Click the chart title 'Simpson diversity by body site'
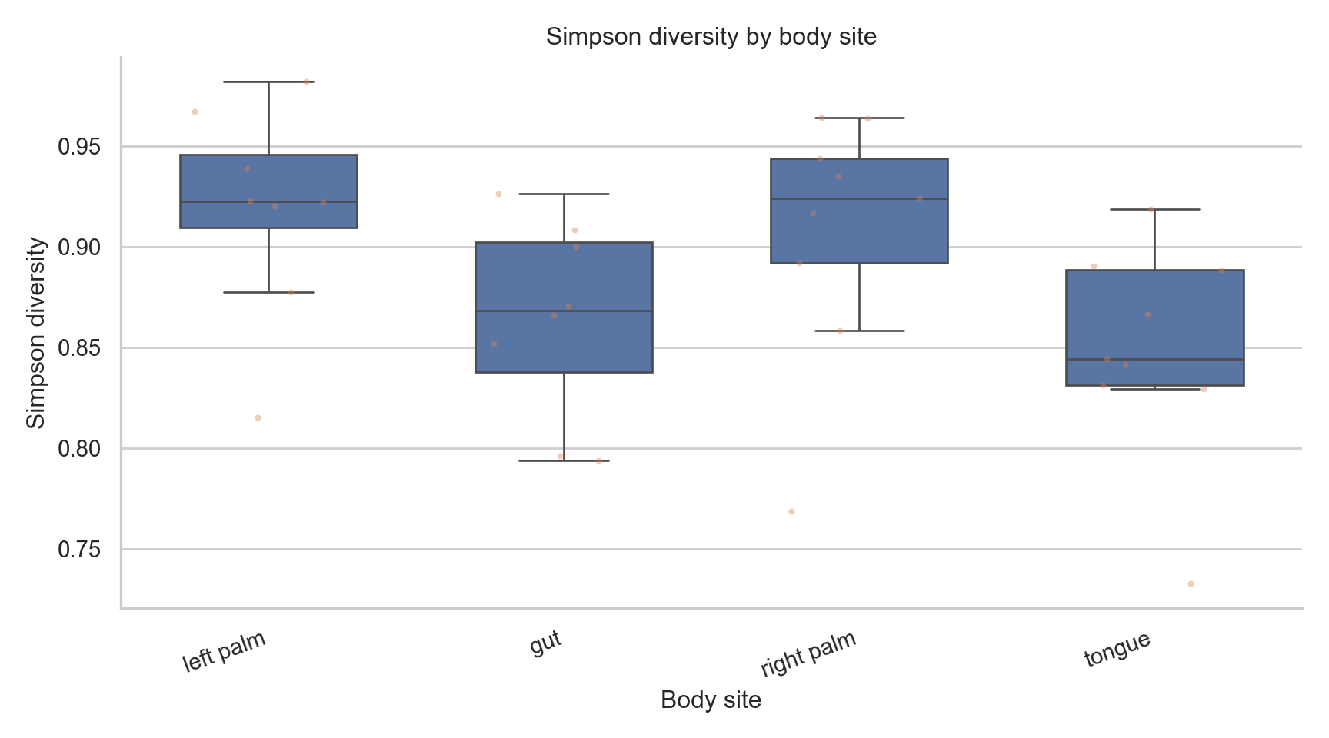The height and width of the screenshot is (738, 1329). [x=711, y=37]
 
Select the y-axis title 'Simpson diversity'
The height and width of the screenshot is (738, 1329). [x=36, y=333]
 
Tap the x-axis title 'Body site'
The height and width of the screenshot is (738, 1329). [x=711, y=700]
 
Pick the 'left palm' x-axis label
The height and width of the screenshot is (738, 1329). [x=224, y=652]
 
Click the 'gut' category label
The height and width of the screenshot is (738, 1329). [x=546, y=643]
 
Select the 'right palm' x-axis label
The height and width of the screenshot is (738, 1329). [x=808, y=654]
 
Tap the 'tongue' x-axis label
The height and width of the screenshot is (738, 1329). [x=1117, y=650]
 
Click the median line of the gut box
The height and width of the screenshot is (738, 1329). [x=564, y=311]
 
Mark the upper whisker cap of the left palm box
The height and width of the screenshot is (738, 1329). [x=268, y=81]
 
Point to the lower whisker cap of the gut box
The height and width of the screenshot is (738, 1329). [x=564, y=460]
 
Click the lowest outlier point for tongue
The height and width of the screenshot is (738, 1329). [x=1191, y=583]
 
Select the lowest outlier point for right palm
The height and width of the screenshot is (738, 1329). [x=791, y=511]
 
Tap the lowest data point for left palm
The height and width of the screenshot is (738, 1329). [x=258, y=417]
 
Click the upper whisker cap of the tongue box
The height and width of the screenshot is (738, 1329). [x=1154, y=209]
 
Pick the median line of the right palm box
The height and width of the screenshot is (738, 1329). [x=859, y=198]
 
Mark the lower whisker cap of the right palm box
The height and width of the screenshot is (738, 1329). [x=859, y=331]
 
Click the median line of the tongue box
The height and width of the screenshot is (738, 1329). [x=1154, y=359]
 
